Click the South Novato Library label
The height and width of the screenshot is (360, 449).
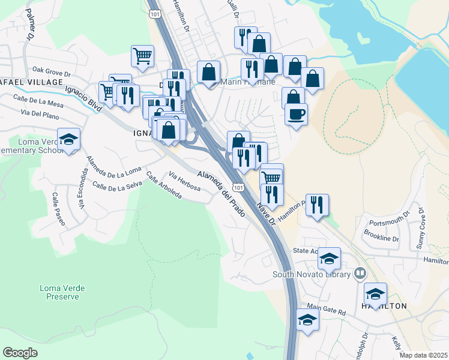pyautogui.click(x=311, y=274)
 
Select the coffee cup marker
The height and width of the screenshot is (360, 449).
pyautogui.click(x=296, y=113)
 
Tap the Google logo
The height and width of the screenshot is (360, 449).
pyautogui.click(x=20, y=353)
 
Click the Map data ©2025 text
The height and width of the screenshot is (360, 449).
pyautogui.click(x=423, y=355)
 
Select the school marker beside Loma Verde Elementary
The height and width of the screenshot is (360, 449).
pyautogui.click(x=69, y=140)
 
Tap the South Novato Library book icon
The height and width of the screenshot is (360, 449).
pyautogui.click(x=360, y=274)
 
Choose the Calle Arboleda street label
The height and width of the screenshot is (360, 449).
pyautogui.click(x=163, y=187)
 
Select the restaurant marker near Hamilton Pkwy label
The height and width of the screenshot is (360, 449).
pyautogui.click(x=317, y=204)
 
